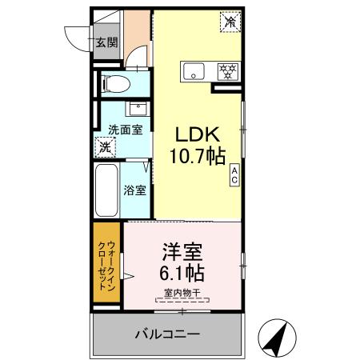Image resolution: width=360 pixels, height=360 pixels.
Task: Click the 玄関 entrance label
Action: [x=107, y=42]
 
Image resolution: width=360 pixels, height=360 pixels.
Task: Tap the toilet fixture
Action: [x=116, y=84]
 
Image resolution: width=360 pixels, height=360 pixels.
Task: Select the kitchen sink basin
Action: [x=194, y=71]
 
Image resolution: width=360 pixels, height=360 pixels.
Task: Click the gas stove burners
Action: [x=228, y=71]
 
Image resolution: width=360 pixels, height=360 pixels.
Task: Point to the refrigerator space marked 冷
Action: [x=230, y=22]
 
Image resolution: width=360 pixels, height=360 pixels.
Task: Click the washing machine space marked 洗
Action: [x=106, y=147]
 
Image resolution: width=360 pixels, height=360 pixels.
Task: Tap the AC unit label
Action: [x=234, y=174]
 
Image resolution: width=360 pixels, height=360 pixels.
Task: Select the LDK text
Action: [x=198, y=134]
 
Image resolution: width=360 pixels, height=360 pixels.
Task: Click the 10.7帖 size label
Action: [x=198, y=156]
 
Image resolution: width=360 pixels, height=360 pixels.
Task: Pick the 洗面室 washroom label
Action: [x=126, y=130]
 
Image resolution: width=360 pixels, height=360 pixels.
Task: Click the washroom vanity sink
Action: [x=138, y=109]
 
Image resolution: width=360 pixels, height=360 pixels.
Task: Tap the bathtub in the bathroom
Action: [x=106, y=190]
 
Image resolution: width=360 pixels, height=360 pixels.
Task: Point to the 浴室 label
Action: [x=135, y=190]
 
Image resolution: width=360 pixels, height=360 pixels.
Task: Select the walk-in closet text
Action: [x=106, y=266]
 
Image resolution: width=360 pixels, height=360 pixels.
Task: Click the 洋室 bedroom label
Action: [x=182, y=252]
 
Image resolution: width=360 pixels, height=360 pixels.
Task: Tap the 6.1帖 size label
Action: [x=182, y=273]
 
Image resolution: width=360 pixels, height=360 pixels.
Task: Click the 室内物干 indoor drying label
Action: [x=182, y=293]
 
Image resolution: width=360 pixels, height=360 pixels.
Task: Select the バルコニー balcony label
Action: [x=167, y=334]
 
